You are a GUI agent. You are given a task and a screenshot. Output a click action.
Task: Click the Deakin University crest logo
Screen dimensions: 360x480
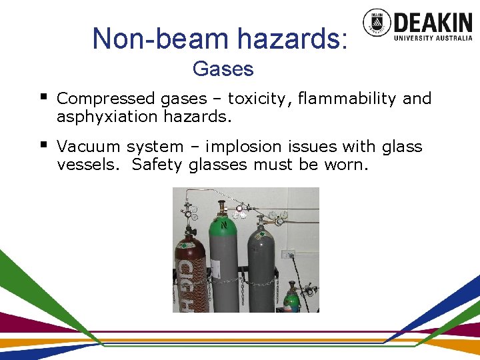tap(377, 23)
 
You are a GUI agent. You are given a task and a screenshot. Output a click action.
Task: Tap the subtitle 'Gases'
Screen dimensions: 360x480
tap(223, 69)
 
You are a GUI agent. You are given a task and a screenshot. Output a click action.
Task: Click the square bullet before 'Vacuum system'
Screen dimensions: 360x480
tap(44, 144)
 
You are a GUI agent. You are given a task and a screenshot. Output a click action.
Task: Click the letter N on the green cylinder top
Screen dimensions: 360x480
tap(225, 225)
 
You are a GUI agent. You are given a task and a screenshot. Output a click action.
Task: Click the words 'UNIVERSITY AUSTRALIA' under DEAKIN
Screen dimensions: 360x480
tap(433, 38)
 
